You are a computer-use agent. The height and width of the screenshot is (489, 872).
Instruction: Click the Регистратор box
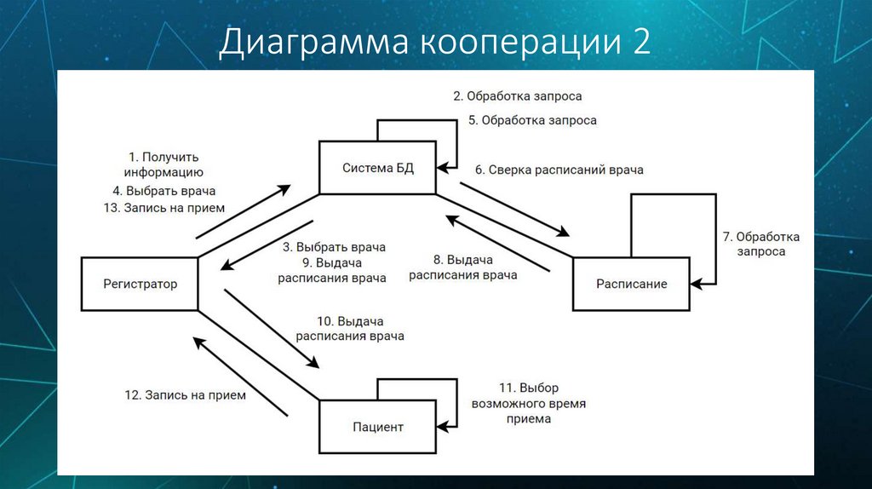pos(141,284)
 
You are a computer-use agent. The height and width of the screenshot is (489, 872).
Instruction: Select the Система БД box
pos(378,168)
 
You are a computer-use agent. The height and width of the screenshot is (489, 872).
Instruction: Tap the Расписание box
pos(631,284)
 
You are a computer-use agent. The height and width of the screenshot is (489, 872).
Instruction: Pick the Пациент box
pos(378,427)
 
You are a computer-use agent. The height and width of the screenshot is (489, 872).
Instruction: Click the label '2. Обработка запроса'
pos(517,96)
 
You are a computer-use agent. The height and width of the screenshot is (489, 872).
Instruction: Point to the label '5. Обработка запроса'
pos(531,120)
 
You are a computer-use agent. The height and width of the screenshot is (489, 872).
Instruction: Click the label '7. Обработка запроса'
pos(760,244)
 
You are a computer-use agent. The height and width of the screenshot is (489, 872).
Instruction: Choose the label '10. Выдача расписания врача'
pos(350,329)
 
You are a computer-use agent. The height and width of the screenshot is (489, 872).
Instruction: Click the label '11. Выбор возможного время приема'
pos(528,403)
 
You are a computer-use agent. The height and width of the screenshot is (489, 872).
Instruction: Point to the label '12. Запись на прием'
pos(185,394)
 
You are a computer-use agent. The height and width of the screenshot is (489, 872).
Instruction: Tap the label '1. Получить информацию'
pos(163,164)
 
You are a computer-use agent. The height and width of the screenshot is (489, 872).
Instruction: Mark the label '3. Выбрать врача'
pos(334,247)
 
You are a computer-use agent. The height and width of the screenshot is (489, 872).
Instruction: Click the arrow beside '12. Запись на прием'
pos(238,375)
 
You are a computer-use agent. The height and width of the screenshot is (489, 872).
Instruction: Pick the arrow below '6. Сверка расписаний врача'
pos(514,209)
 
